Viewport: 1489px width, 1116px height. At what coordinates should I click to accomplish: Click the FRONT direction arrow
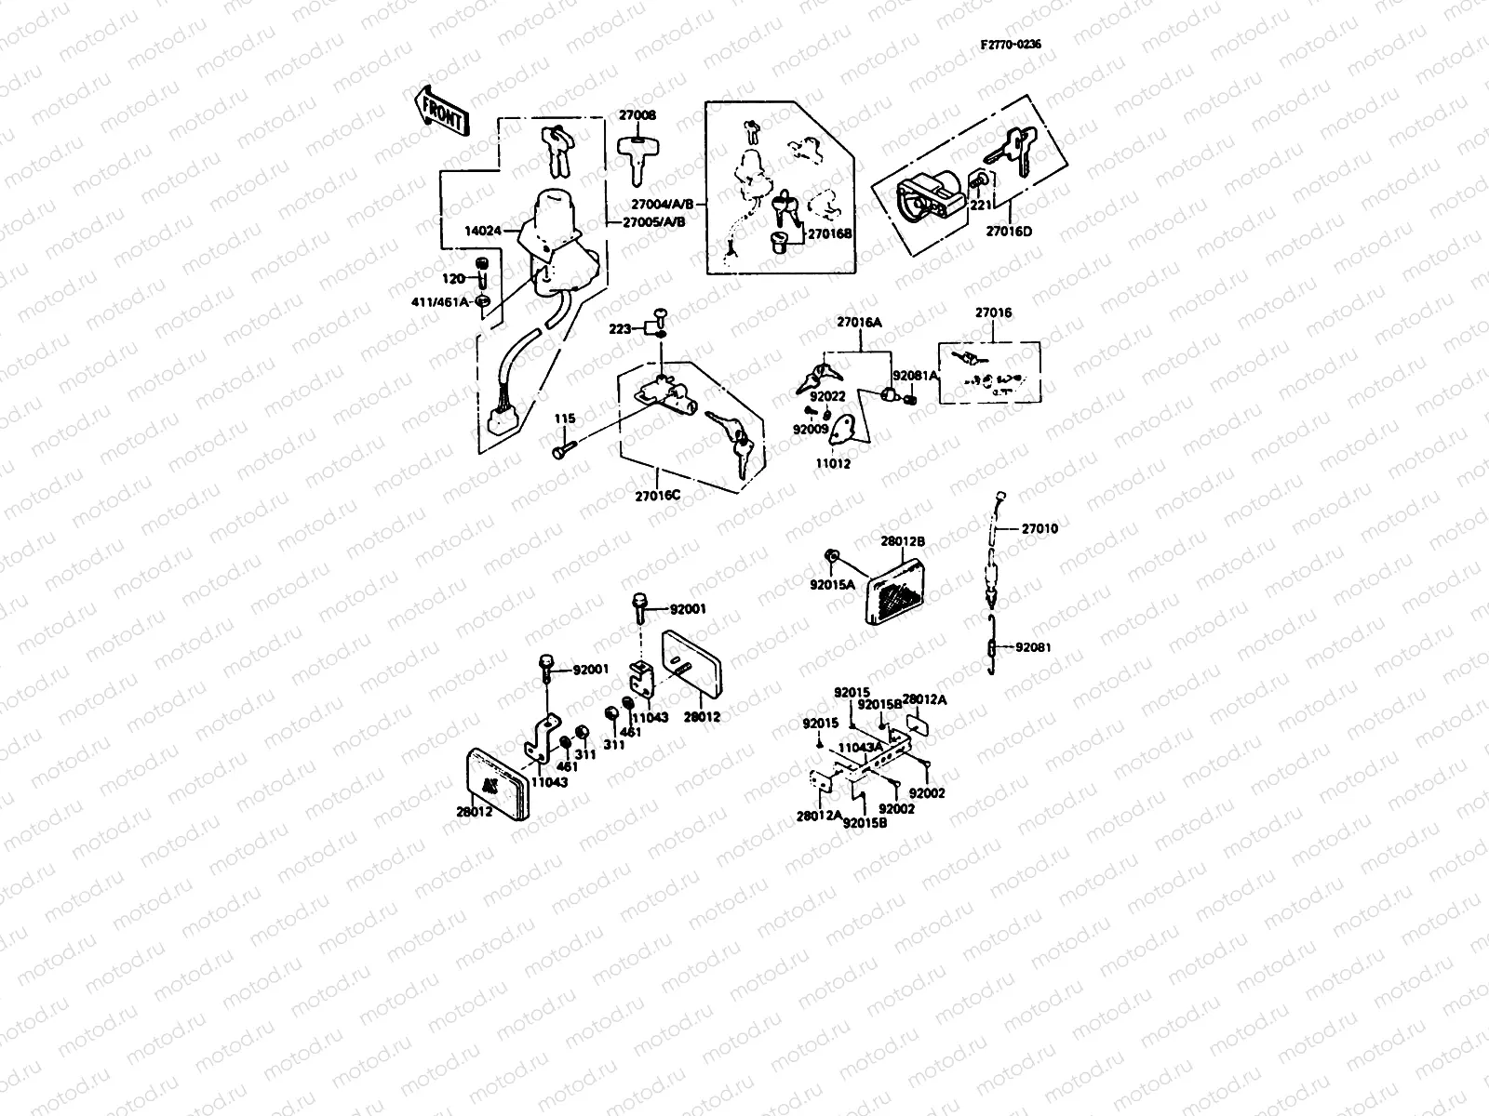point(441,110)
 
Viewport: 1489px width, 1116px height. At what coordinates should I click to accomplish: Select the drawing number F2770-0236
point(1012,44)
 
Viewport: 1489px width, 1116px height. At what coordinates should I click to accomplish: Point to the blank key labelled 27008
point(637,158)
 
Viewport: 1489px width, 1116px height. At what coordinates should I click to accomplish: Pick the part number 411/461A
point(441,302)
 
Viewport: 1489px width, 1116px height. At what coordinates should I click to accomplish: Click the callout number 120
point(453,278)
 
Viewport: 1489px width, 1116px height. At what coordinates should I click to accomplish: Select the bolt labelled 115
point(562,451)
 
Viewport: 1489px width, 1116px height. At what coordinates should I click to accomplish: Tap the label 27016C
point(658,495)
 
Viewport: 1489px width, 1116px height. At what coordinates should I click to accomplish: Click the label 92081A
point(916,376)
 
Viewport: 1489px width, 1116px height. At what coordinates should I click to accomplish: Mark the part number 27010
point(1040,528)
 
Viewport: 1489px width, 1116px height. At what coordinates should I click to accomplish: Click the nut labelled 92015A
point(835,557)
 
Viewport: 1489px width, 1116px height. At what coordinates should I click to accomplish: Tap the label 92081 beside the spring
point(1033,646)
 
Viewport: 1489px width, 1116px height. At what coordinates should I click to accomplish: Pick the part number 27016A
point(859,322)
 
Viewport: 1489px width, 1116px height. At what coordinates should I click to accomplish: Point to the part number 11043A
point(860,746)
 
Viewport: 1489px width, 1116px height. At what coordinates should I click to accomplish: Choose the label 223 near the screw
point(619,328)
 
